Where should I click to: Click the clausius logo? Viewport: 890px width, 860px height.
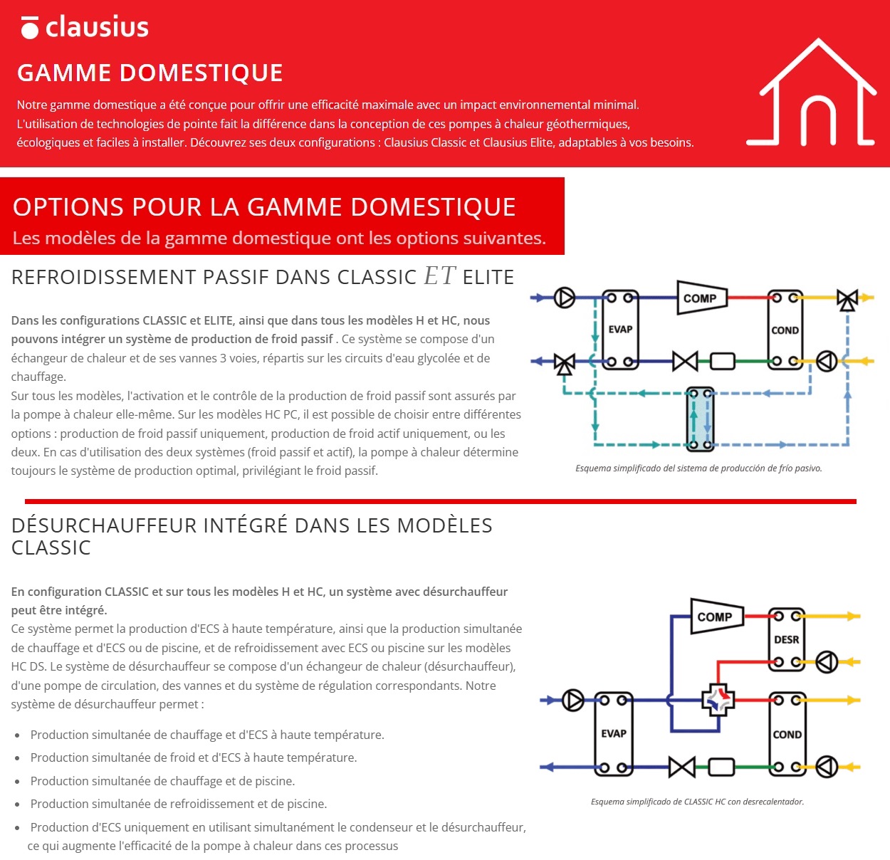pyautogui.click(x=85, y=27)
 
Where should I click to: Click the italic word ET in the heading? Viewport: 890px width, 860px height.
pyautogui.click(x=439, y=276)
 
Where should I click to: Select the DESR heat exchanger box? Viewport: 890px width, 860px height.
pyautogui.click(x=786, y=639)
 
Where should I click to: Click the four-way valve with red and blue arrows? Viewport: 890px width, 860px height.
pyautogui.click(x=718, y=700)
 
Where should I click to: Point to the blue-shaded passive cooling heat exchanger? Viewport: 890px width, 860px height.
pyautogui.click(x=700, y=419)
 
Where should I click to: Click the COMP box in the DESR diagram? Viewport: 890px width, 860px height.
pyautogui.click(x=717, y=617)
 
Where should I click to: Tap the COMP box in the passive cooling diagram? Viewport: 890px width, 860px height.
pyautogui.click(x=702, y=298)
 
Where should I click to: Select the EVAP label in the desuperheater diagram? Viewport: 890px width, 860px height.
pyautogui.click(x=614, y=733)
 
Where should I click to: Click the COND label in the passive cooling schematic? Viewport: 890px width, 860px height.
pyautogui.click(x=785, y=330)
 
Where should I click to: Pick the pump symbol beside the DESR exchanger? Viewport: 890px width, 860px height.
pyautogui.click(x=827, y=661)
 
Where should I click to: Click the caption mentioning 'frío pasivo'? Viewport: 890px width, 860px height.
pyautogui.click(x=698, y=468)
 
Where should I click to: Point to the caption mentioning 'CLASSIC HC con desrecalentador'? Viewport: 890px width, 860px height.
pyautogui.click(x=697, y=801)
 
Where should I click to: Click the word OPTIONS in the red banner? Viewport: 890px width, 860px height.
pyautogui.click(x=68, y=206)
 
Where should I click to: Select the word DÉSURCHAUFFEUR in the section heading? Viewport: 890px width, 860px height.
pyautogui.click(x=104, y=525)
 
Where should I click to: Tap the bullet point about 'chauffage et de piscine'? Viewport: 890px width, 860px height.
pyautogui.click(x=162, y=780)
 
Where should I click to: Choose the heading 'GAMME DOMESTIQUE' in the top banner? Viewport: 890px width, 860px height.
pyautogui.click(x=150, y=73)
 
